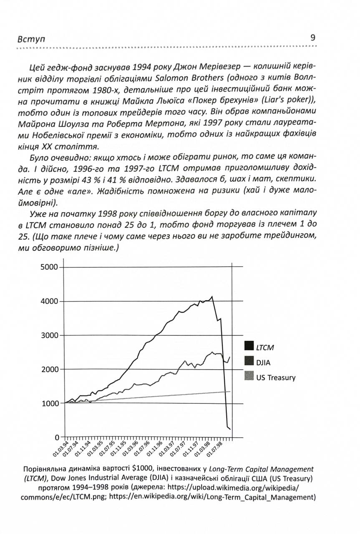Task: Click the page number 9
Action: click(x=313, y=38)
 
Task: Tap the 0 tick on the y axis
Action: click(x=57, y=437)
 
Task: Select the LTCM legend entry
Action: click(x=265, y=347)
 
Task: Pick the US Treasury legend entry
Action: click(x=275, y=377)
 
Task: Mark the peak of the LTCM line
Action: click(x=212, y=297)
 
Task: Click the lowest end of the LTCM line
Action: click(x=230, y=429)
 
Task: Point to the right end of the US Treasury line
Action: click(x=230, y=391)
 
